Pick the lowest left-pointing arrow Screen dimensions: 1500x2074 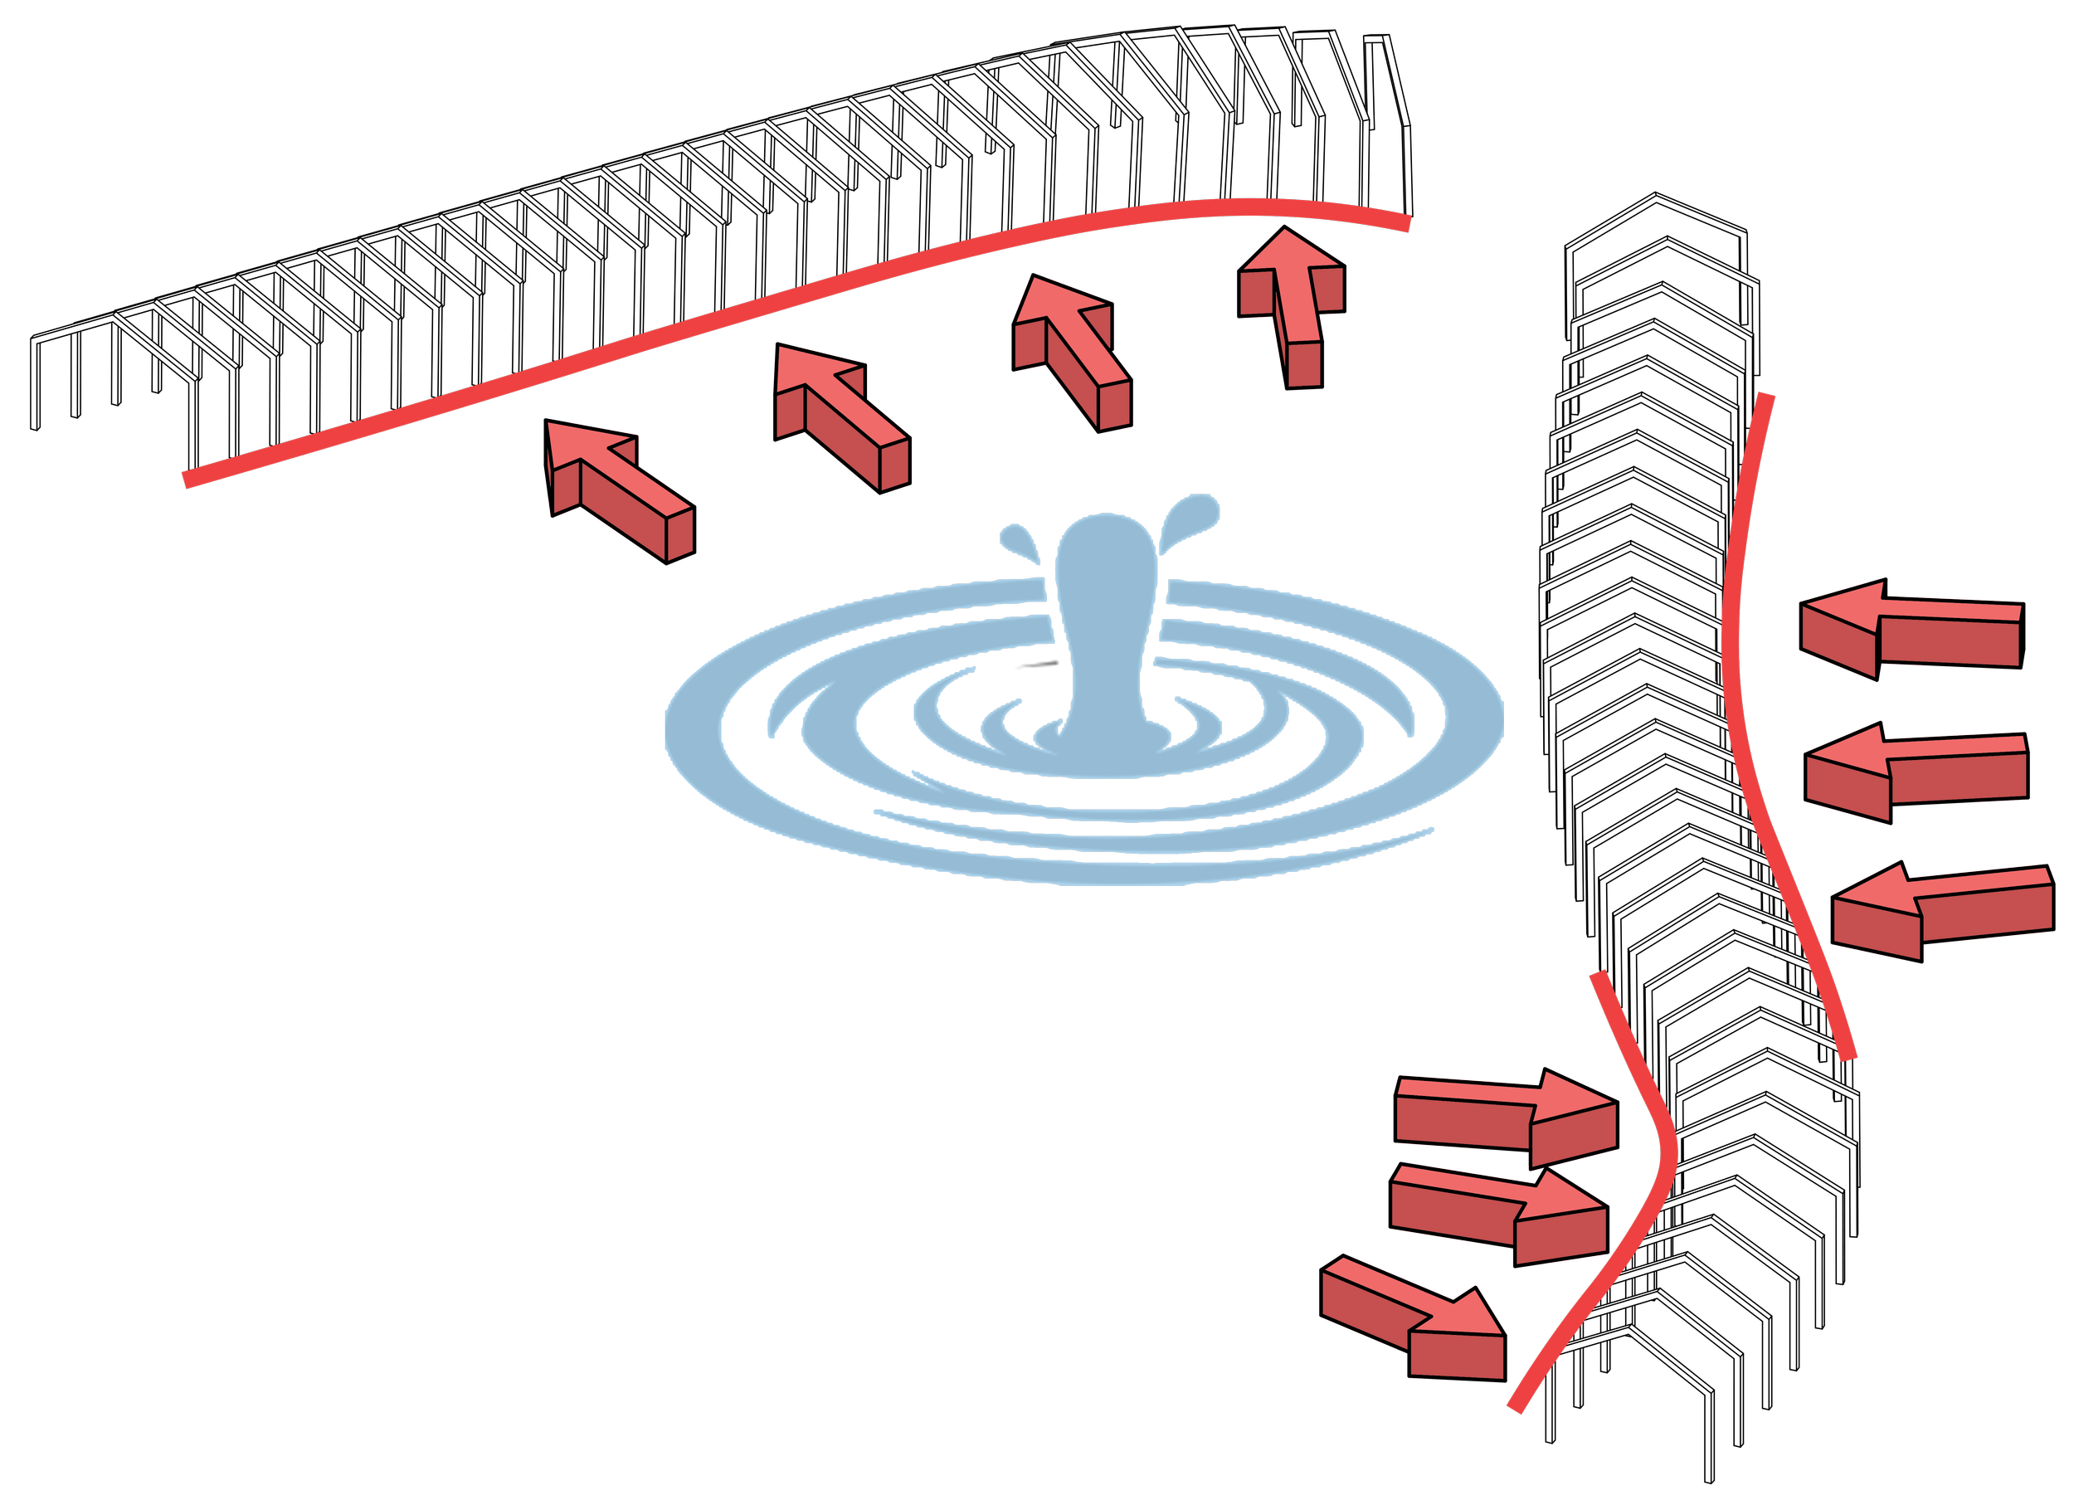1939,910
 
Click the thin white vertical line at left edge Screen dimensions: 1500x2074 28,393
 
